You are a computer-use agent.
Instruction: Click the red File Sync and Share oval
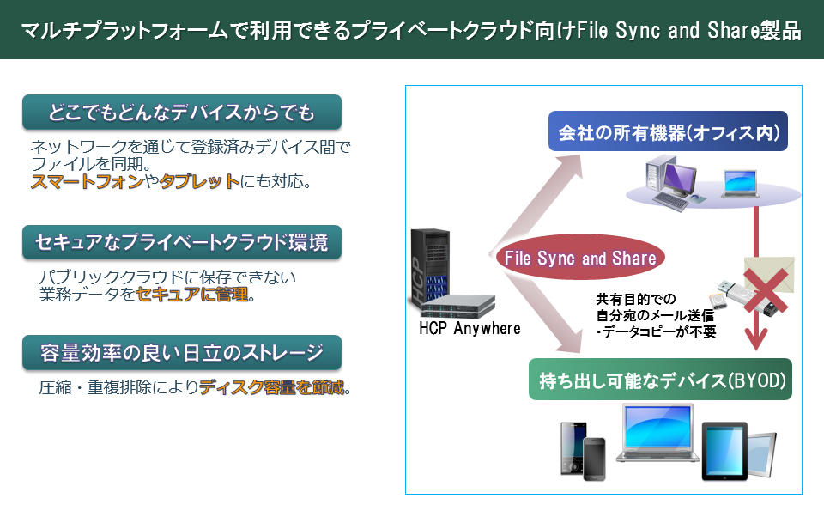tap(580, 257)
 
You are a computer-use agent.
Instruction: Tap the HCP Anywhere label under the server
tap(470, 328)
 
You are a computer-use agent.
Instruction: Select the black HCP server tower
tap(430, 266)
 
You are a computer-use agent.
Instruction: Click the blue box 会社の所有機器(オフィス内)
tap(668, 131)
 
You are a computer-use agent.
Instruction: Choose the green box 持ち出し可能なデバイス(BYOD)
tap(660, 380)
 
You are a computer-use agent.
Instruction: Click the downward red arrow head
tap(755, 338)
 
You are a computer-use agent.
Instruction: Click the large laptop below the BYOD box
tap(657, 434)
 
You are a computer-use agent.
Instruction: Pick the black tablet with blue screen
tap(724, 451)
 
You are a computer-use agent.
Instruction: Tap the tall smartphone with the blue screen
tap(573, 448)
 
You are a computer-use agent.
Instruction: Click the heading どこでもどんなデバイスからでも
tap(182, 112)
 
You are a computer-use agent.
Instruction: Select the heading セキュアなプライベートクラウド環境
tap(182, 242)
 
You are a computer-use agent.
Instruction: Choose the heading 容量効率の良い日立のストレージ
tap(182, 352)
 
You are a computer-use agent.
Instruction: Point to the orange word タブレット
tap(199, 181)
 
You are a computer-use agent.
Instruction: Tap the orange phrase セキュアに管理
tap(191, 294)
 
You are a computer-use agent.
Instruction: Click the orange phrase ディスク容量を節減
tap(272, 387)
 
